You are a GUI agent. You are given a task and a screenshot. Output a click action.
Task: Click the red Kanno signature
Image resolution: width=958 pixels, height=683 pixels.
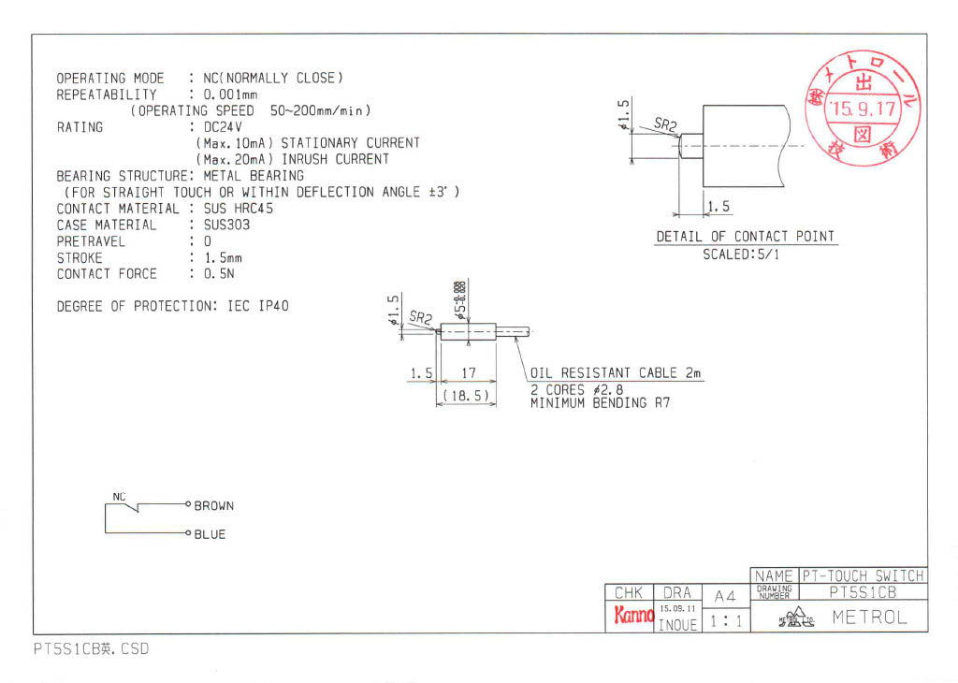(x=632, y=616)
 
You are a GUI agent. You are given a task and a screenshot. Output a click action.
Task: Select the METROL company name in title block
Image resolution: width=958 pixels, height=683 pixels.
(x=870, y=618)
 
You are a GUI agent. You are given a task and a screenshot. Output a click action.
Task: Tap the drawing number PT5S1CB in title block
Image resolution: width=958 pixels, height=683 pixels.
(x=863, y=592)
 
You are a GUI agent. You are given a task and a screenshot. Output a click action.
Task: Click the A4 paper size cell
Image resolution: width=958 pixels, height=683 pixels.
(x=725, y=596)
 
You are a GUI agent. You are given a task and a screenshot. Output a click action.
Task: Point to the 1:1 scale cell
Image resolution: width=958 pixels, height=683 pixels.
(x=725, y=619)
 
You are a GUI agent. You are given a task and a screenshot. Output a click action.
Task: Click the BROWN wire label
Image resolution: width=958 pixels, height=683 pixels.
(x=214, y=506)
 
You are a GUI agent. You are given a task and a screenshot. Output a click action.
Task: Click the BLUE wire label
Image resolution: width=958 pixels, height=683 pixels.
(x=210, y=535)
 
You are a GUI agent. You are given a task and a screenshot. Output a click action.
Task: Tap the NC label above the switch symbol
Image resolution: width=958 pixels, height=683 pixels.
(x=119, y=496)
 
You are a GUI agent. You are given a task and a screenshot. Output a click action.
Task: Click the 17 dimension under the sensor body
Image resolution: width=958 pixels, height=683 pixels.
(x=470, y=373)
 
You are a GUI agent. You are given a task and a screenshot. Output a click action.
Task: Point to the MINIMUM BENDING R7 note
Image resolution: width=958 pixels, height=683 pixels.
(x=600, y=403)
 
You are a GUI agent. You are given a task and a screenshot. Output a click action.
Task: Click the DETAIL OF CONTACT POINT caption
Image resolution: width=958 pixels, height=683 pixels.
(x=745, y=237)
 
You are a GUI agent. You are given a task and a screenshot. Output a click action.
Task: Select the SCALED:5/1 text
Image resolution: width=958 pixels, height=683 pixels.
(x=740, y=254)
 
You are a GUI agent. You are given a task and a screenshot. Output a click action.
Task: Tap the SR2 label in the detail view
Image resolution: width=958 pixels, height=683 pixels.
(x=665, y=124)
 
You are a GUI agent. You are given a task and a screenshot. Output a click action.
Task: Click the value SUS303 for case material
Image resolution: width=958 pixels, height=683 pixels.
(x=226, y=225)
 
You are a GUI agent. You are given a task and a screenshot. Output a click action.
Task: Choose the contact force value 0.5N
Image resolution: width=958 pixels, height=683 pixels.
(x=222, y=274)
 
